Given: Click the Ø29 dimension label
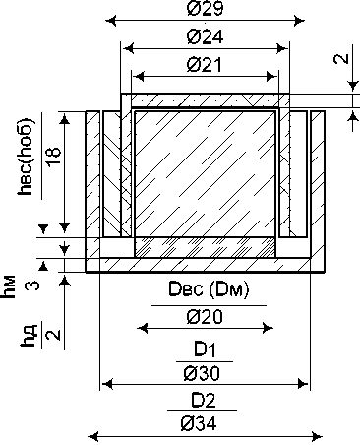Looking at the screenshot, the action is (206, 8).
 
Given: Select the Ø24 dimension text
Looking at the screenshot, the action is (206, 36).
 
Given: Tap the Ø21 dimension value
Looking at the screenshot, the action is (205, 65).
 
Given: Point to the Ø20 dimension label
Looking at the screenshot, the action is (205, 317).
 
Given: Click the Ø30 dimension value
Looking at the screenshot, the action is (202, 373).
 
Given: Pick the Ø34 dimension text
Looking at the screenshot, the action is (199, 423).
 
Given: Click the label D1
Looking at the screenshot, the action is (205, 350).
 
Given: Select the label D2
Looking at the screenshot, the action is (204, 401).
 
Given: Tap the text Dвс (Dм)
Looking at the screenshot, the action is (209, 290).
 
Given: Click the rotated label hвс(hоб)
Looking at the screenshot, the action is (26, 157).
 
